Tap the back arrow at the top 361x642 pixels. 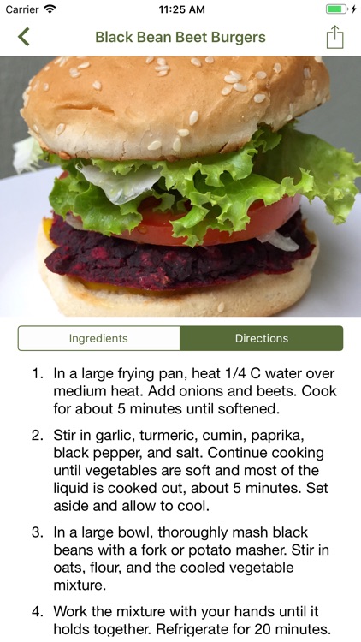(x=23, y=37)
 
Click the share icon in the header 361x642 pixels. (x=334, y=38)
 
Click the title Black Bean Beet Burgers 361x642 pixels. (x=180, y=38)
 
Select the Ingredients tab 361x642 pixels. (x=98, y=338)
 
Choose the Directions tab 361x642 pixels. (x=262, y=338)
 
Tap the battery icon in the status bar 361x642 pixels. (x=336, y=9)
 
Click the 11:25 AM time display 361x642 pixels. (x=181, y=9)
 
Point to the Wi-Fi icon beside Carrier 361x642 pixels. (x=50, y=9)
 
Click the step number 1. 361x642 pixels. (x=38, y=374)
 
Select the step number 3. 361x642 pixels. (x=38, y=532)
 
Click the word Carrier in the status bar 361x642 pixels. (x=22, y=9)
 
